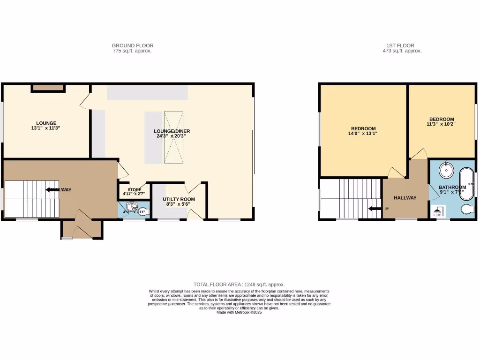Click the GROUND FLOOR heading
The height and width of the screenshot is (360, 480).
click(132, 45)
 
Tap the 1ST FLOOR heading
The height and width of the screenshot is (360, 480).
click(402, 45)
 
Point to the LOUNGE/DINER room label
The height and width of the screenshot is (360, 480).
click(172, 133)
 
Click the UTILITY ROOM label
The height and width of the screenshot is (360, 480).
click(179, 202)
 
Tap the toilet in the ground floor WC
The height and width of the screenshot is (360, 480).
click(143, 211)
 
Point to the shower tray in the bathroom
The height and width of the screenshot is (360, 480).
click(439, 212)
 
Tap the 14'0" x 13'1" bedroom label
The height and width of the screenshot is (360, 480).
click(363, 131)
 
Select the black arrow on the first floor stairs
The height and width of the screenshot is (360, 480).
click(374, 209)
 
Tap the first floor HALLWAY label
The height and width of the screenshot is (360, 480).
click(405, 198)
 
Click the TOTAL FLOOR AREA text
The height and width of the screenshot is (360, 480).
click(239, 285)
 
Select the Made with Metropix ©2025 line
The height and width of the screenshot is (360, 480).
click(239, 312)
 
